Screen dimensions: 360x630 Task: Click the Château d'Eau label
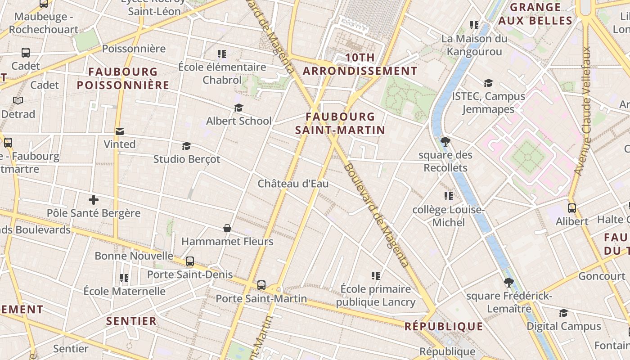pyautogui.click(x=293, y=184)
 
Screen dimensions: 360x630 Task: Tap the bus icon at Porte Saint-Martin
pyautogui.click(x=261, y=285)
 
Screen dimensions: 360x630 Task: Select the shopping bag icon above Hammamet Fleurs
pyautogui.click(x=227, y=229)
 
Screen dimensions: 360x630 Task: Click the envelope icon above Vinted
pyautogui.click(x=120, y=131)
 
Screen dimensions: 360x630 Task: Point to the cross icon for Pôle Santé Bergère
pyautogui.click(x=94, y=199)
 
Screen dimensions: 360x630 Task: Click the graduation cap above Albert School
pyautogui.click(x=238, y=108)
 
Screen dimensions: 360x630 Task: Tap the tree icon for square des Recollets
pyautogui.click(x=445, y=142)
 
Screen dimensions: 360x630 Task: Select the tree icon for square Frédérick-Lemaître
pyautogui.click(x=508, y=283)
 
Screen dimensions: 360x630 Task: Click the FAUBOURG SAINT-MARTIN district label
pyautogui.click(x=340, y=123)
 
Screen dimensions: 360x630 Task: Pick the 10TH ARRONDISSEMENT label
pyautogui.click(x=360, y=64)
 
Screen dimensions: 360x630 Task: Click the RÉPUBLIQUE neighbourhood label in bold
pyautogui.click(x=444, y=327)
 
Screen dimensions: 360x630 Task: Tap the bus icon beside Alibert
pyautogui.click(x=571, y=208)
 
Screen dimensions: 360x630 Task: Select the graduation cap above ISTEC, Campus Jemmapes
pyautogui.click(x=488, y=83)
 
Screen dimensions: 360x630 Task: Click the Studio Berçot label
pyautogui.click(x=187, y=159)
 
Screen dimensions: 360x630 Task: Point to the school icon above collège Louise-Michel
pyautogui.click(x=448, y=196)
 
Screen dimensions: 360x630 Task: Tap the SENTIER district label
pyautogui.click(x=131, y=321)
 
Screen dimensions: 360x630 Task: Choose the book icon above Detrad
pyautogui.click(x=18, y=100)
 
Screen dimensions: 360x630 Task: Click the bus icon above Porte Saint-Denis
pyautogui.click(x=190, y=261)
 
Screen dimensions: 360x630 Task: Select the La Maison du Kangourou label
pyautogui.click(x=474, y=45)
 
